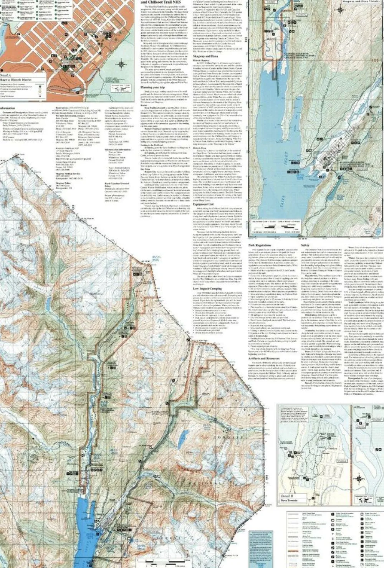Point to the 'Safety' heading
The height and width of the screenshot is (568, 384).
pos(305,245)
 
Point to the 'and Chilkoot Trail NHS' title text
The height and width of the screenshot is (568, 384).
pos(161,2)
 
